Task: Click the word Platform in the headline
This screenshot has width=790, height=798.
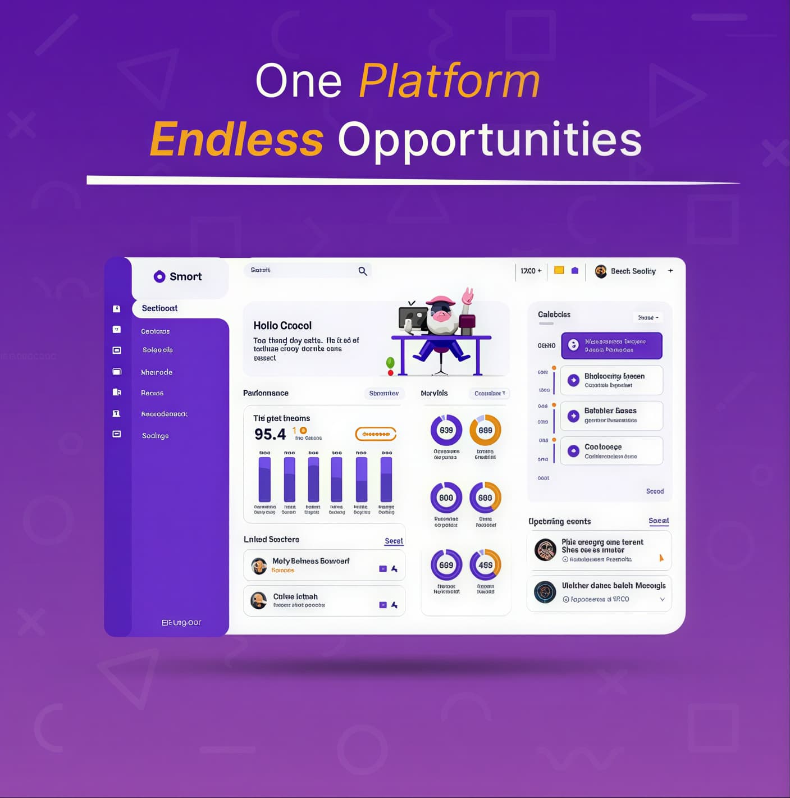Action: click(x=449, y=81)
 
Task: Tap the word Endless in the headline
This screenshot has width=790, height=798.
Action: click(x=236, y=139)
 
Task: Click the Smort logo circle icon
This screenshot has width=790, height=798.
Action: click(x=159, y=276)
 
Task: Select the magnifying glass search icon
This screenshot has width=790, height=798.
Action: click(x=363, y=271)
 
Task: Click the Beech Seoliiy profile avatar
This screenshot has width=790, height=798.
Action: click(x=601, y=271)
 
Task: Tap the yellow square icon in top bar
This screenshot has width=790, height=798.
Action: click(x=559, y=270)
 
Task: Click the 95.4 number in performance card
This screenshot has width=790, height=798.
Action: click(x=270, y=434)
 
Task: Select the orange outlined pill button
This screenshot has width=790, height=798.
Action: click(x=376, y=434)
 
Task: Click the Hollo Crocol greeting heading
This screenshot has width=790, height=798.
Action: click(x=282, y=326)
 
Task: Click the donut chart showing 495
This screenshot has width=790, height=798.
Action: click(x=485, y=565)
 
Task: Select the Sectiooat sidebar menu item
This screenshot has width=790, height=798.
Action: click(x=159, y=308)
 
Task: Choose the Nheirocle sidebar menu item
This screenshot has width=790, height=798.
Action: click(x=157, y=372)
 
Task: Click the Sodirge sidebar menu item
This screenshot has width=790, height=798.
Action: click(x=156, y=436)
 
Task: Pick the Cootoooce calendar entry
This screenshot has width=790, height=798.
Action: click(x=611, y=451)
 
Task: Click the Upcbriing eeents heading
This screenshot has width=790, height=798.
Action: click(x=559, y=522)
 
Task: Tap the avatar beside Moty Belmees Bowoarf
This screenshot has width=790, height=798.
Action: click(x=259, y=566)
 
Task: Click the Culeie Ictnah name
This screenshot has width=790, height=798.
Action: click(x=295, y=596)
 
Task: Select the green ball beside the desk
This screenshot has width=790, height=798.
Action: click(x=390, y=363)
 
